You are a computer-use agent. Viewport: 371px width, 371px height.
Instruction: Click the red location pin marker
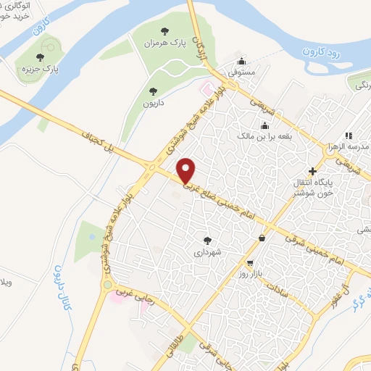coord(187,170)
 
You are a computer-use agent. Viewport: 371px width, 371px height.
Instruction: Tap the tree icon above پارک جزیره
coord(41,57)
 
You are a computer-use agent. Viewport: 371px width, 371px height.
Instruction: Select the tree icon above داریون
coord(152,91)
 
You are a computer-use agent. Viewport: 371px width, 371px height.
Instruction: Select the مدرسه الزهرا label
coord(349,147)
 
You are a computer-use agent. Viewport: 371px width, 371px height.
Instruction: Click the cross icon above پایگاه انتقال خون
coord(312,171)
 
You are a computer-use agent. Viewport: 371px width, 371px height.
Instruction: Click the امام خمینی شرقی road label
coord(312,250)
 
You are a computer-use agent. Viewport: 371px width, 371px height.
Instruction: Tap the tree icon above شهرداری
coord(207,240)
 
